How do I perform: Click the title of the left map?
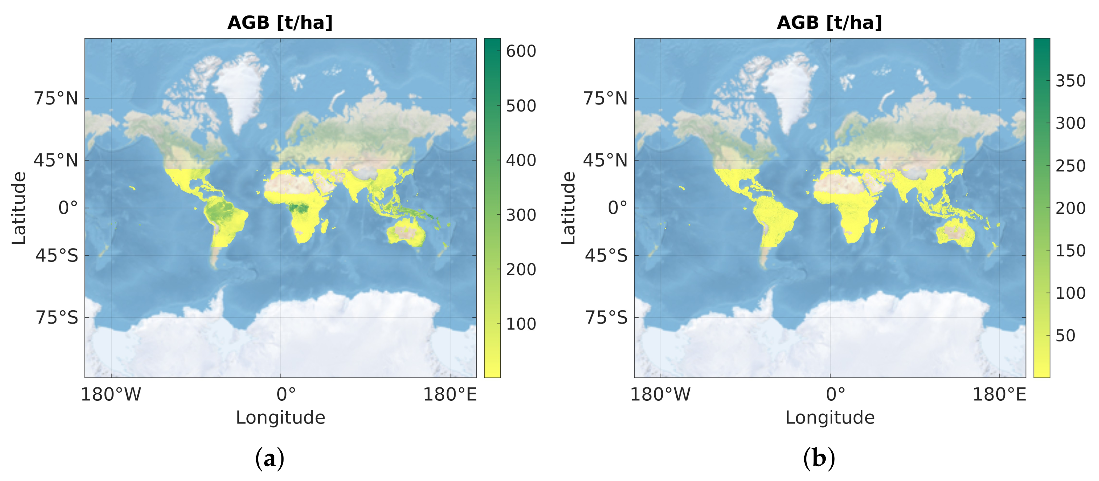point(280,23)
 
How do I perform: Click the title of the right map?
point(830,23)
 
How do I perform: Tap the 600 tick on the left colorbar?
point(520,51)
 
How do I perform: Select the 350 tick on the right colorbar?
point(1070,81)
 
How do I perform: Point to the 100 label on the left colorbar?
point(520,324)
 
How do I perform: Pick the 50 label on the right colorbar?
point(1065,336)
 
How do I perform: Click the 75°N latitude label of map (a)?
point(56,99)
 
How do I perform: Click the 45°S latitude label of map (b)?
point(606,256)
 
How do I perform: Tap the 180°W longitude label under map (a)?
point(111,394)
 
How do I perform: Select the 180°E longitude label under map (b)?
point(999,394)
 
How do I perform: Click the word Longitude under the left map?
point(280,418)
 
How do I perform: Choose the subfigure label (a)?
point(269,459)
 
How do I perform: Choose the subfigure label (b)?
point(819,459)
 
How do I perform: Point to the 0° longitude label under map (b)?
point(835,394)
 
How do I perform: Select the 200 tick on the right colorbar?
point(1070,208)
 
